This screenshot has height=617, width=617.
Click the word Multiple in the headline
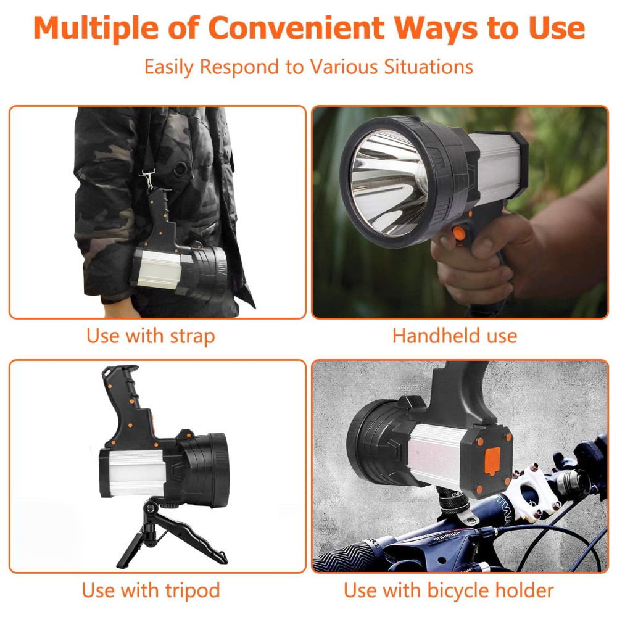click(x=96, y=28)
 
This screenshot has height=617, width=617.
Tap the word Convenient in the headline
click(x=297, y=28)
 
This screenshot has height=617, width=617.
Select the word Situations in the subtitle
click(x=429, y=67)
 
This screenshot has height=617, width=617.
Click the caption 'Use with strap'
click(x=151, y=336)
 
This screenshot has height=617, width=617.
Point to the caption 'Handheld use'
click(x=455, y=336)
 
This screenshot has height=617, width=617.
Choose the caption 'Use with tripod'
click(x=151, y=590)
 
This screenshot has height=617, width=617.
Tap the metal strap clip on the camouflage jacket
click(x=147, y=178)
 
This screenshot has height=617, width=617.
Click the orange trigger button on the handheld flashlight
click(x=459, y=233)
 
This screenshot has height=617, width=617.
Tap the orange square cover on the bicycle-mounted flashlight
click(x=492, y=460)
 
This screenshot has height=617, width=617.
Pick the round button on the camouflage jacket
click(x=180, y=169)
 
